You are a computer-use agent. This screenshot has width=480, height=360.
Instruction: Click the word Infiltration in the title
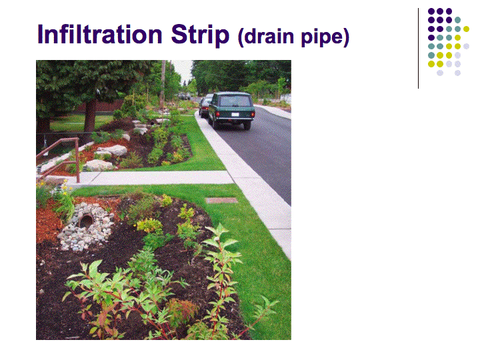100,34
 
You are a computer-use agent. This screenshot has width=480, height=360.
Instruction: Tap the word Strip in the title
200,36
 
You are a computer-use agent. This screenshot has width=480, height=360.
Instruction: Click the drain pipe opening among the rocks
86,221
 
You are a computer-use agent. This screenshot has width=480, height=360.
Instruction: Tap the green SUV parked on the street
231,109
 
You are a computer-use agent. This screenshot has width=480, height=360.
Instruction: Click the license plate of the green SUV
235,115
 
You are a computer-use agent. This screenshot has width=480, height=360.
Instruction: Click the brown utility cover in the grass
221,201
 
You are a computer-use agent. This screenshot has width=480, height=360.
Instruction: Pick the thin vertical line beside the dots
418,48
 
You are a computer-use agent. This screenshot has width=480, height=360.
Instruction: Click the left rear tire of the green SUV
214,123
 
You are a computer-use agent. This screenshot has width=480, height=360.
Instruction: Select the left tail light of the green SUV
217,114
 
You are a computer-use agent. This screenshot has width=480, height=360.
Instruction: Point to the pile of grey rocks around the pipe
87,227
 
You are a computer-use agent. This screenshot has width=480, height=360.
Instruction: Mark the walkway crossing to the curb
153,177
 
